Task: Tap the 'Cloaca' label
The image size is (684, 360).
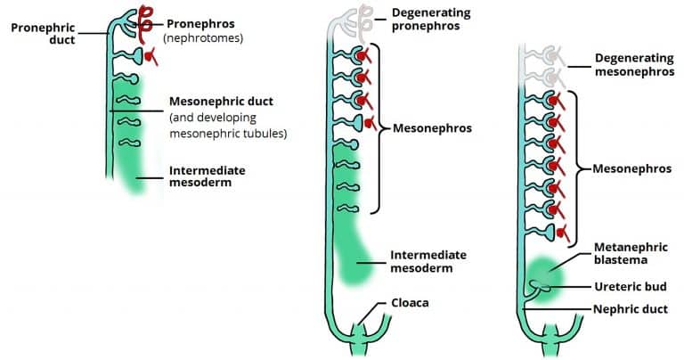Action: (x=410, y=302)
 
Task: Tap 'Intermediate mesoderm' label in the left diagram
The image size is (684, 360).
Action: (x=206, y=176)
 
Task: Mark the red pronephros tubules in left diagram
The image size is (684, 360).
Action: (x=142, y=27)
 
